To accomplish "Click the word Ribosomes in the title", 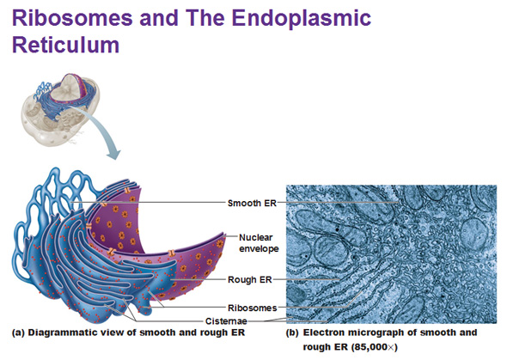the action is (72, 17).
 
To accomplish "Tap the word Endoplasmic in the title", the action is (302, 19).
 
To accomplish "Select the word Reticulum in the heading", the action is (65, 45).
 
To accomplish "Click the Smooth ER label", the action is (252, 203).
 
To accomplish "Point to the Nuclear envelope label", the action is (259, 243).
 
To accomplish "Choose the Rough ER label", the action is (250, 279).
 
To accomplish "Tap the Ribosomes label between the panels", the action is (252, 308).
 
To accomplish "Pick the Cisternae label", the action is (226, 321).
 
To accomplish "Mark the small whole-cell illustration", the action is (60, 109).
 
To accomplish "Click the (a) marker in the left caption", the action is (18, 333).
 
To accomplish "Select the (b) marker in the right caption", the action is (292, 333).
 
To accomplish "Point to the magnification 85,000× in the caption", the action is (374, 347).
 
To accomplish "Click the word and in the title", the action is (159, 17).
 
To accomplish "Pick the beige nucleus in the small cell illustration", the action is (66, 88).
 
